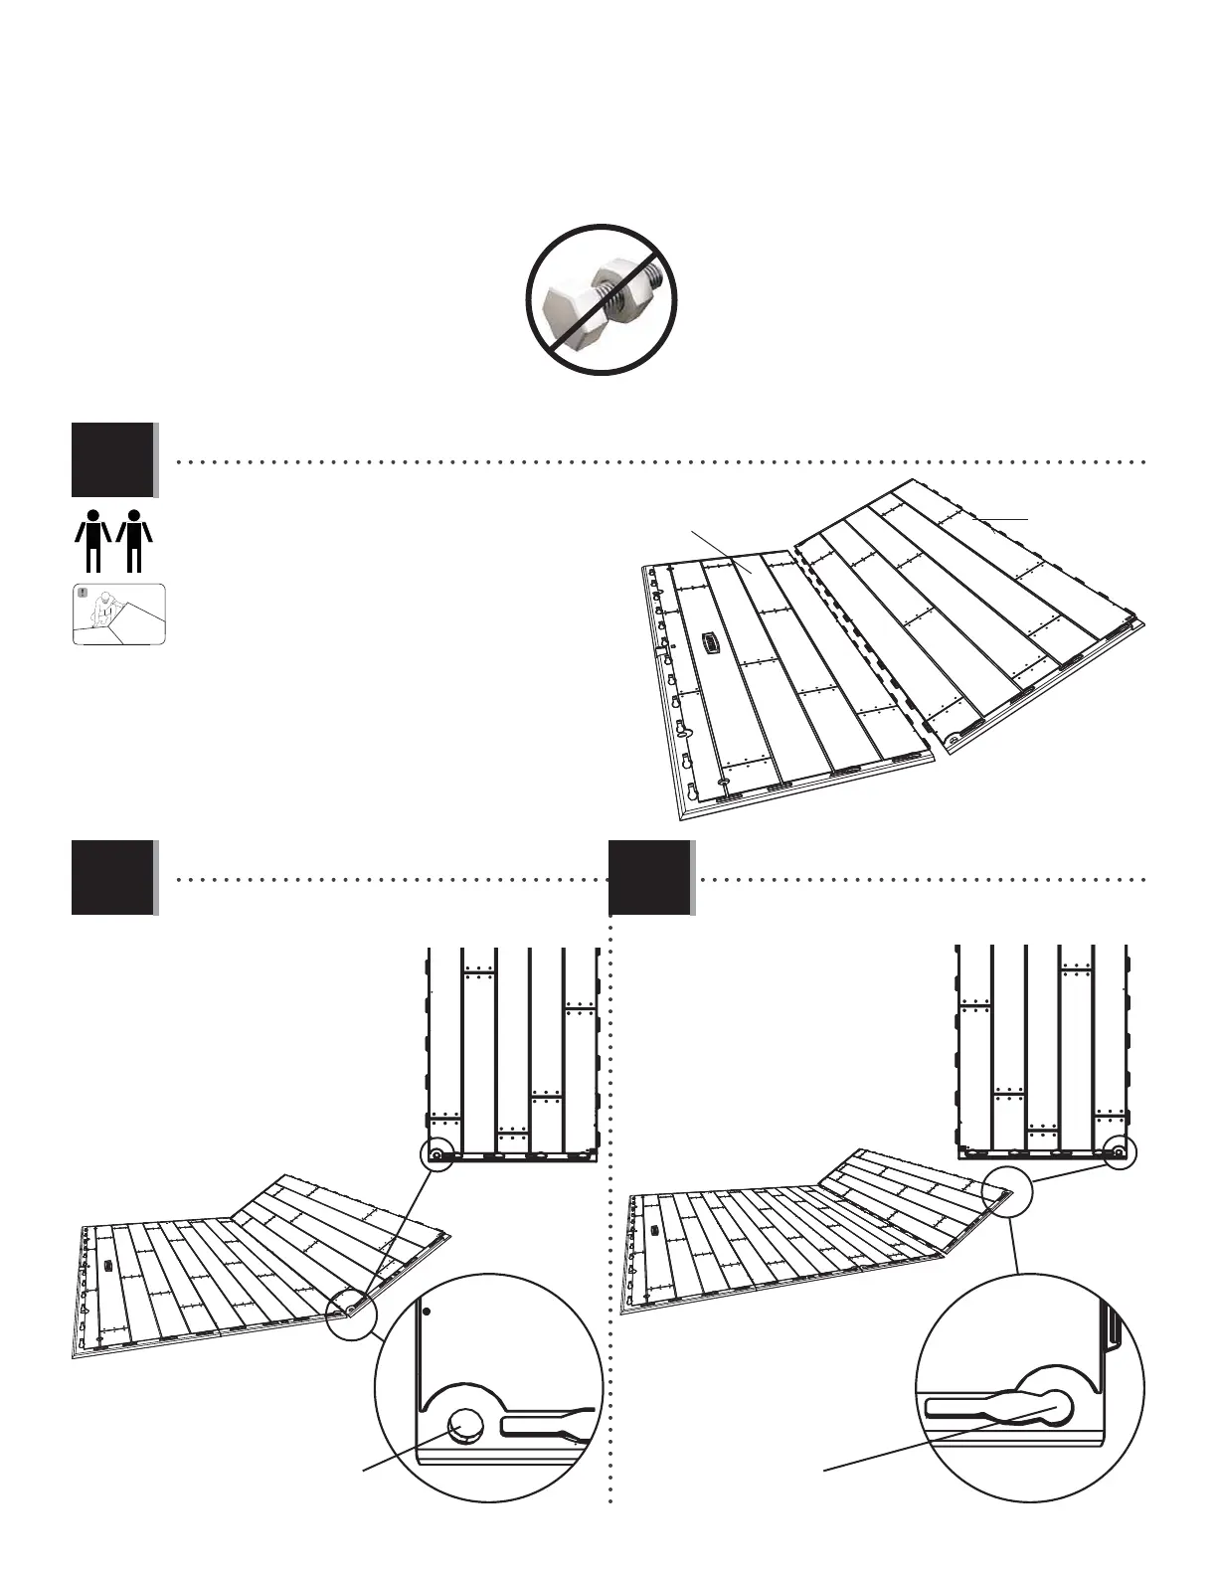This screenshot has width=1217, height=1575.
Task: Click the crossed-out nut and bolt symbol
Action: click(x=602, y=300)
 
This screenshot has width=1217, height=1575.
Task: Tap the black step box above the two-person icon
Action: click(x=113, y=459)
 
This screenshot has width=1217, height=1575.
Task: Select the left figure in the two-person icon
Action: click(x=92, y=540)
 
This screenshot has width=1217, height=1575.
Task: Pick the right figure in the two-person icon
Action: click(x=134, y=540)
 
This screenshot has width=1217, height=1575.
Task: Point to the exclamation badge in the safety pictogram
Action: click(x=83, y=594)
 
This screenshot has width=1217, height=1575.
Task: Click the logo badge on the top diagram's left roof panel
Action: click(x=710, y=642)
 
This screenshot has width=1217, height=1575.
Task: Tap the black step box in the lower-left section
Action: click(x=113, y=877)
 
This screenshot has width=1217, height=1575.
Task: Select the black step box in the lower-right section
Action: click(x=650, y=877)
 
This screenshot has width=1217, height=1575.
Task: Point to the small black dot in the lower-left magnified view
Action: click(x=427, y=1312)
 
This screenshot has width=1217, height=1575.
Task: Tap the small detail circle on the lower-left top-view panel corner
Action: click(x=435, y=1155)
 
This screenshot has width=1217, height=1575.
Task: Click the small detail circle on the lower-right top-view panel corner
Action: click(x=1119, y=1153)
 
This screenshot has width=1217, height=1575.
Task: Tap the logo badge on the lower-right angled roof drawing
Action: click(x=653, y=1230)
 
